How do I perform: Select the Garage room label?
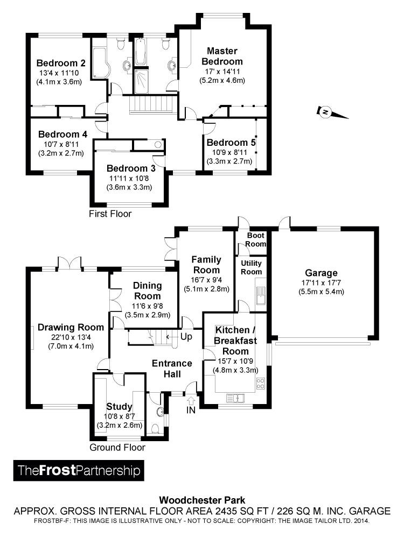tap(321, 273)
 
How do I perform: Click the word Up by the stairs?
tap(186, 336)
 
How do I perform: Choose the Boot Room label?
tap(256, 240)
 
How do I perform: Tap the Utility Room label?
tap(251, 267)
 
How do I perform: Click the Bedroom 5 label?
tap(231, 143)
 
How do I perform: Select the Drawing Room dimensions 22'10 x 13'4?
tap(70, 337)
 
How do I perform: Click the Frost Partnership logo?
tap(79, 470)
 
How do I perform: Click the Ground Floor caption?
tap(117, 447)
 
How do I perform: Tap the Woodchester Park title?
tap(201, 500)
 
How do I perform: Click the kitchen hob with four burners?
tap(260, 384)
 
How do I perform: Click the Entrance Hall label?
tap(172, 369)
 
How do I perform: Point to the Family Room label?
tap(206, 265)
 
